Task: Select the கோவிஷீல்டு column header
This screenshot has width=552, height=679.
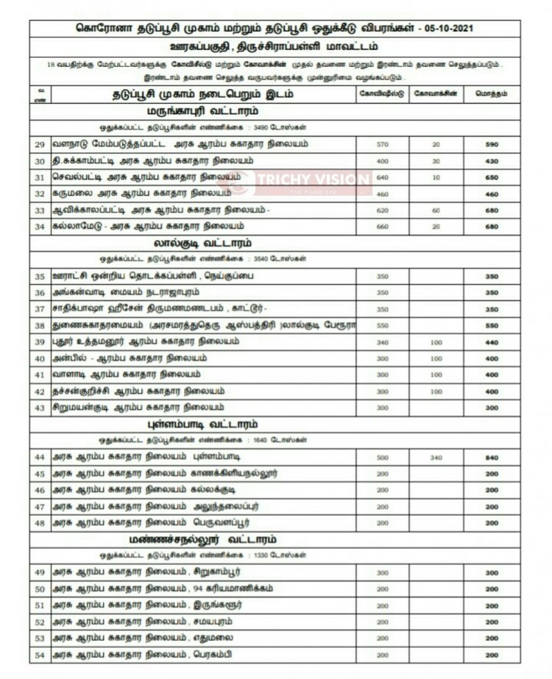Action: [381, 94]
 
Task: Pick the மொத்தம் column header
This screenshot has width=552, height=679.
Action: [492, 94]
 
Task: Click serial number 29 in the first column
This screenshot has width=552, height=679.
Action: [40, 145]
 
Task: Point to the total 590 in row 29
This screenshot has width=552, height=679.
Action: [492, 145]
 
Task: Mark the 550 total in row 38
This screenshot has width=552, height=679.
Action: [492, 325]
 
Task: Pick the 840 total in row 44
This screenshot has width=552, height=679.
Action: [492, 457]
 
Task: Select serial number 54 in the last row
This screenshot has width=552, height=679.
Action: [40, 655]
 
